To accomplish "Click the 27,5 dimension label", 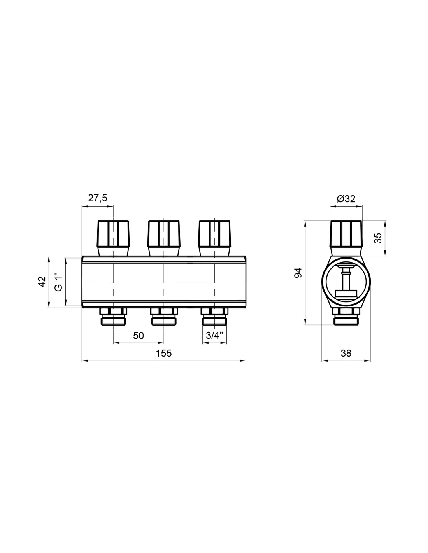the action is point(98,198).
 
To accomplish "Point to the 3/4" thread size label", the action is point(214,335).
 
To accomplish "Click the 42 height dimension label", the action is point(42,282).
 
